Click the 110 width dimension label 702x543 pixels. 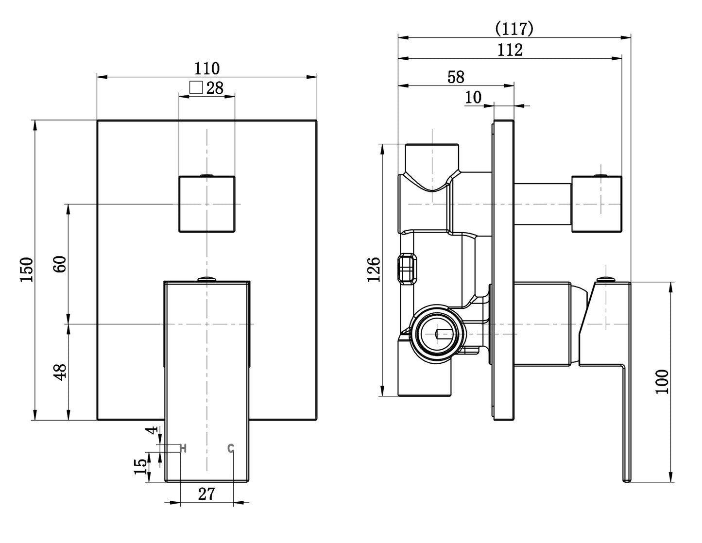[x=207, y=68]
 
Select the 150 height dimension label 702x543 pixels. [x=27, y=270]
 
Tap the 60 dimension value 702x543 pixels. [x=60, y=264]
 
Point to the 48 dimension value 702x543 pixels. [x=60, y=372]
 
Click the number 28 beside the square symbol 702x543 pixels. [x=215, y=88]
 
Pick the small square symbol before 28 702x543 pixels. [x=196, y=87]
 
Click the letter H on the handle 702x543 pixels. [x=183, y=448]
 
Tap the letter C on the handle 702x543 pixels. [x=230, y=448]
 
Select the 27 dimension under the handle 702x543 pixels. [x=206, y=494]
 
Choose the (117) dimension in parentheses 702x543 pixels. [x=514, y=29]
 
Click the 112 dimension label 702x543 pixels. [x=510, y=50]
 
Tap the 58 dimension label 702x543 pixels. [x=456, y=77]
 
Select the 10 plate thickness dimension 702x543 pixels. [x=473, y=97]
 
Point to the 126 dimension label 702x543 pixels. [x=374, y=270]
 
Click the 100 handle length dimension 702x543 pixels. [x=662, y=382]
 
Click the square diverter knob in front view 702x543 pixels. [x=207, y=204]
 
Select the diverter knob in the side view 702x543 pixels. [x=597, y=204]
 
